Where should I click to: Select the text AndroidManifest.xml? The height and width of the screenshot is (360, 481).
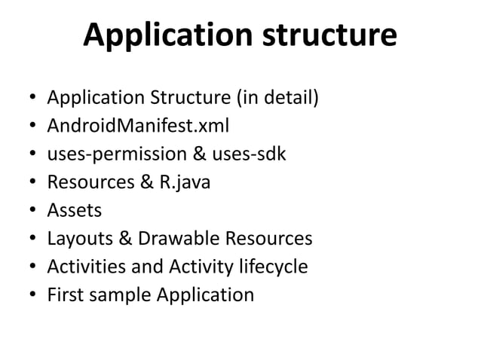tap(138, 126)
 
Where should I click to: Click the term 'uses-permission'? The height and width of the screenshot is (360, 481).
tap(110, 154)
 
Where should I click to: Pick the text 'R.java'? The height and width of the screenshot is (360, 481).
tap(183, 182)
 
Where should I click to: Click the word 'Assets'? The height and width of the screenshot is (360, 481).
tap(74, 210)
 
